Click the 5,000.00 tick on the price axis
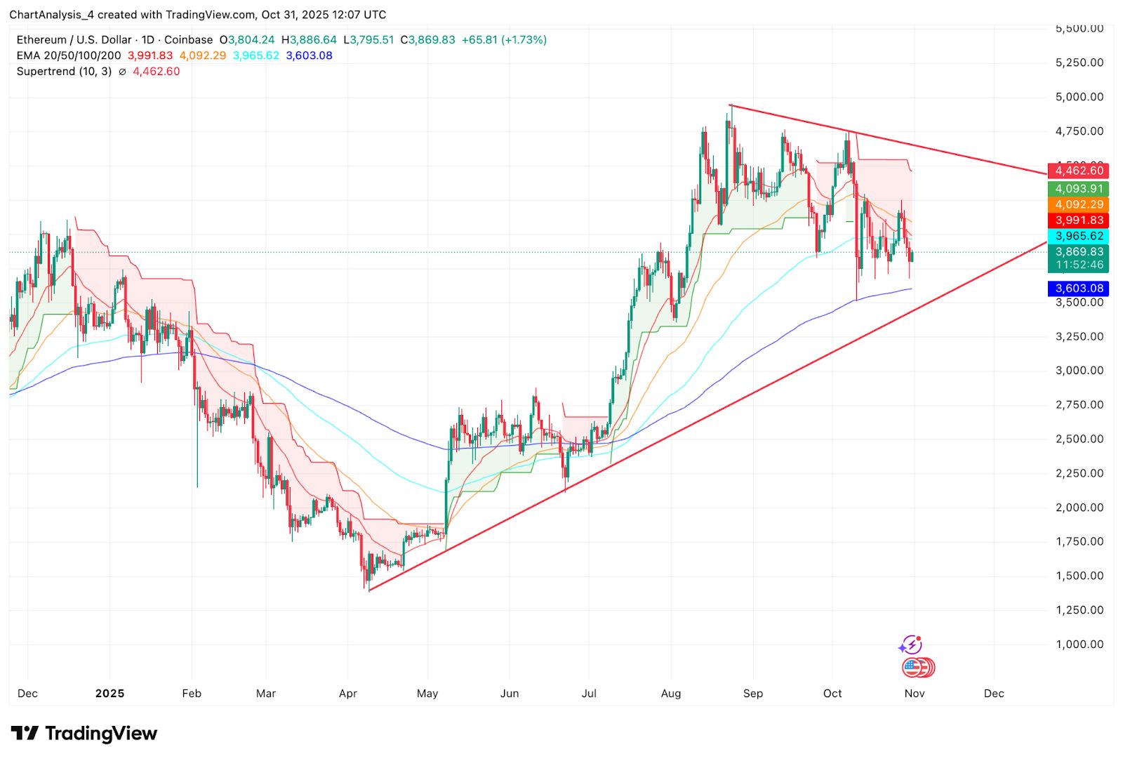tap(1079, 97)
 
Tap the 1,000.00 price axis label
tap(1079, 644)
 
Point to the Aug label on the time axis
tap(670, 694)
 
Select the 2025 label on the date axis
tap(109, 694)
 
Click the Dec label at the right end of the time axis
tap(993, 694)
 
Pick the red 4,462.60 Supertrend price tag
tap(1079, 171)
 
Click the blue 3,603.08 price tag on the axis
tap(1079, 289)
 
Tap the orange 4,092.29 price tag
tap(1079, 204)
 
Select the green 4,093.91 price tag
tap(1079, 189)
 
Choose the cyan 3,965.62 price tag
tap(1079, 236)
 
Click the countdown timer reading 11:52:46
tap(1079, 265)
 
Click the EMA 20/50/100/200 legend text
tap(69, 55)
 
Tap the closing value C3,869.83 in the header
tap(427, 40)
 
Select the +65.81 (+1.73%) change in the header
tap(503, 40)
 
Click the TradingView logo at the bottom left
tap(84, 734)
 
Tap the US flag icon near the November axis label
tap(912, 667)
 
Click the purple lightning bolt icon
tap(910, 644)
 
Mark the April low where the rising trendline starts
tap(369, 590)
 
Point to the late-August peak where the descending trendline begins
tap(731, 105)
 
